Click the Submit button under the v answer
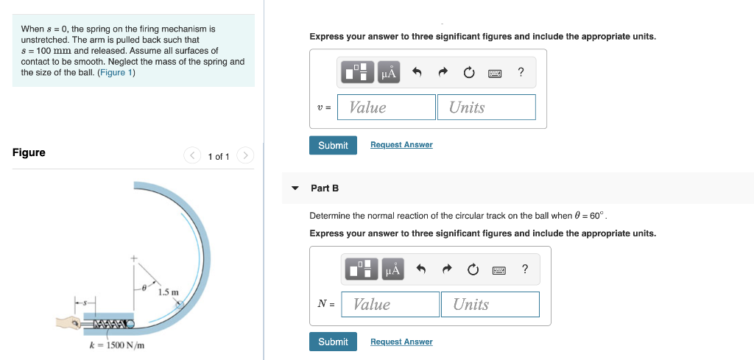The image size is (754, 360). coord(333,145)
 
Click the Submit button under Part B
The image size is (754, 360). coord(333,342)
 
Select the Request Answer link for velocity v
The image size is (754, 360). coord(401,145)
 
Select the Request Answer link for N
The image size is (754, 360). coord(401,342)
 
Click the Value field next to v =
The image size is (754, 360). coord(387,107)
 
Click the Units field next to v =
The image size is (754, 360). coord(486,107)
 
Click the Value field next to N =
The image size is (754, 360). coord(391,305)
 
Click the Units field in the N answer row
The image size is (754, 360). coord(490,305)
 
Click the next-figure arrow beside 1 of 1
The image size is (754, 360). coord(246,155)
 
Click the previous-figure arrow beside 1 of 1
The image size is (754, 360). coord(192,155)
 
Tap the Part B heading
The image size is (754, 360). coord(325,188)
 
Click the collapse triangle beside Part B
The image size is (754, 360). coord(295,188)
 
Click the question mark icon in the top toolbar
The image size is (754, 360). coord(521,72)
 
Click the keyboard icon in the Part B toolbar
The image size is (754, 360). coord(498,269)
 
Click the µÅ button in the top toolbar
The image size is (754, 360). coord(389,72)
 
